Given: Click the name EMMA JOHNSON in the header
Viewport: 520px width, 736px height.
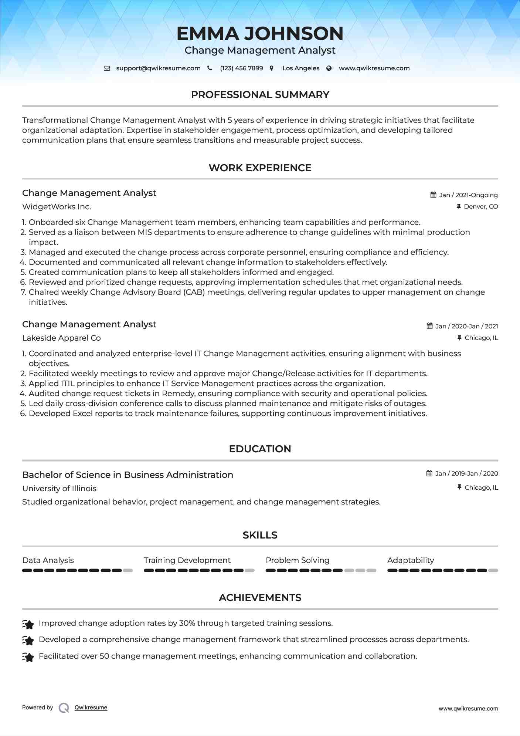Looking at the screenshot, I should [x=260, y=33].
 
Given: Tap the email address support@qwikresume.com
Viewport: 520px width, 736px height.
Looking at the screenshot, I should [x=158, y=68].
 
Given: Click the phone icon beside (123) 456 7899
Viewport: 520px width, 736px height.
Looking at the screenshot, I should [x=210, y=68].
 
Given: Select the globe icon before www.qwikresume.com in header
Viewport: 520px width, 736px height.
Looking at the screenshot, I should [x=329, y=68].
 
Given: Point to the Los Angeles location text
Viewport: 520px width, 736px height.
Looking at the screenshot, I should [x=300, y=68].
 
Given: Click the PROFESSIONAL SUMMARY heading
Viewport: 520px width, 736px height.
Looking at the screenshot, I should [x=260, y=95].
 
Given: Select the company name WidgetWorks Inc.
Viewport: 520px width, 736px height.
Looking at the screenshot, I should [x=57, y=207].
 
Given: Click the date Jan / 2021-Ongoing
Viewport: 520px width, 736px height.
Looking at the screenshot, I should [x=468, y=195].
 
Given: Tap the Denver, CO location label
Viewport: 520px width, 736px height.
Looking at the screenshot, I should [x=480, y=206].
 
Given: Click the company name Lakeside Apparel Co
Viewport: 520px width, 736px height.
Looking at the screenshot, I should [x=61, y=338].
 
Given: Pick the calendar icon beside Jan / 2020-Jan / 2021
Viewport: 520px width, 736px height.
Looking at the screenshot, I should [x=429, y=326].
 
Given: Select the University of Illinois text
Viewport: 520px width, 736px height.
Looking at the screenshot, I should [x=59, y=489].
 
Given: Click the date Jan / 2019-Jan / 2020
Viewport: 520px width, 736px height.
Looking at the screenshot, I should [x=466, y=473].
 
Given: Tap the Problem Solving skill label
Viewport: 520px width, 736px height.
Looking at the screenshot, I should [x=297, y=560].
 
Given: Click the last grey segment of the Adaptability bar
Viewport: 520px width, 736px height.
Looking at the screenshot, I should [x=493, y=570].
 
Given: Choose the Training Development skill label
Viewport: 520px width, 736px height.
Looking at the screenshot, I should [x=187, y=560].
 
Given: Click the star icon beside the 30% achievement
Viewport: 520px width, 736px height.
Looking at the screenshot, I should [x=28, y=624].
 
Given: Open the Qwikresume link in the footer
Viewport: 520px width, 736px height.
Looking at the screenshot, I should [x=91, y=708].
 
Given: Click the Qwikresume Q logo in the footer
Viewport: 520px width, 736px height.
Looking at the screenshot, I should [x=64, y=708].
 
